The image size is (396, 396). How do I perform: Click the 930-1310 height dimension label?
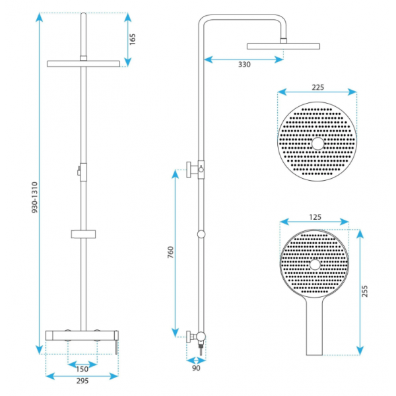(x=35, y=197)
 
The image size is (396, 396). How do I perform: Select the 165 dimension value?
(x=133, y=39)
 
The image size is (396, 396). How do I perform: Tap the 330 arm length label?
(x=244, y=65)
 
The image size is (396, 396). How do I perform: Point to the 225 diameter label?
(x=317, y=87)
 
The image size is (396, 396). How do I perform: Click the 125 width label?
(x=315, y=217)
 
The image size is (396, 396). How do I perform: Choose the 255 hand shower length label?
(x=365, y=291)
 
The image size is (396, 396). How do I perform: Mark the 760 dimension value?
(x=171, y=252)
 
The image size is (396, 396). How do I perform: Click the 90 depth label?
(x=196, y=368)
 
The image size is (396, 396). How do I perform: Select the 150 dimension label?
(x=82, y=369)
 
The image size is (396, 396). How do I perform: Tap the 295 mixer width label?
(x=82, y=381)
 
